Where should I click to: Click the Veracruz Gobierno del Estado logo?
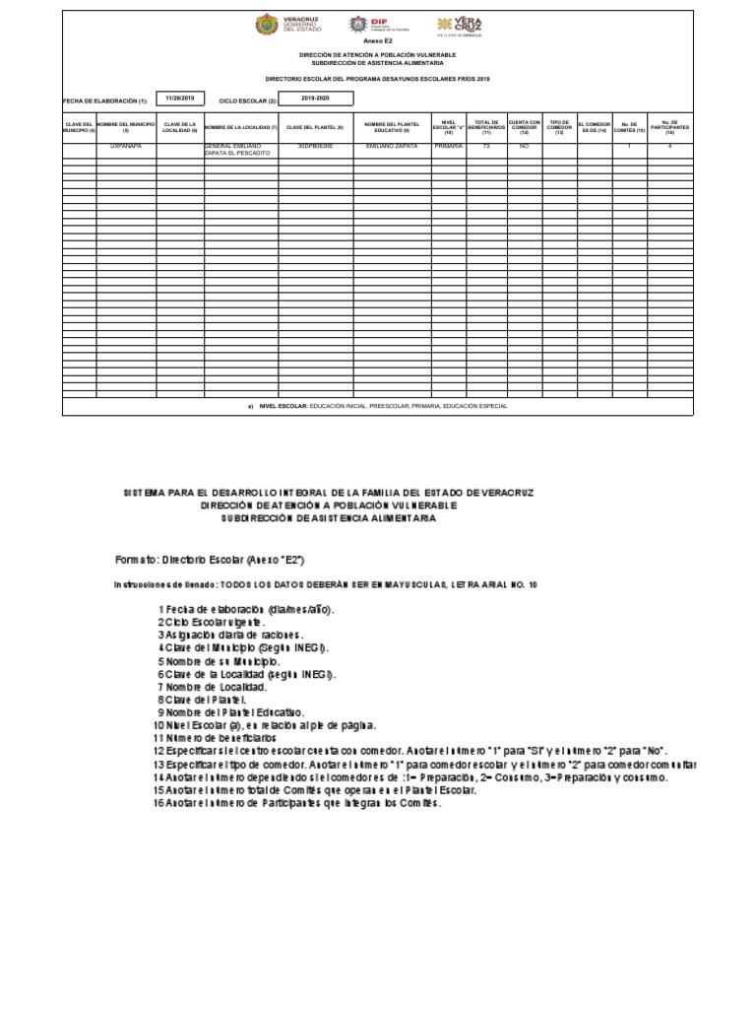pyautogui.click(x=281, y=25)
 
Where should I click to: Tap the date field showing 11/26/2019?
pyautogui.click(x=180, y=99)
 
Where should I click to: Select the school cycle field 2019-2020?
pyautogui.click(x=316, y=99)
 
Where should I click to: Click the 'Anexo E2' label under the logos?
pyautogui.click(x=378, y=42)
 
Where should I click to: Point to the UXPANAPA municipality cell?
pyautogui.click(x=126, y=146)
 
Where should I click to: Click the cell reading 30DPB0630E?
pyautogui.click(x=315, y=146)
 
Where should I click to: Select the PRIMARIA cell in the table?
pyautogui.click(x=449, y=146)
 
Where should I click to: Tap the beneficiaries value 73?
pyautogui.click(x=486, y=146)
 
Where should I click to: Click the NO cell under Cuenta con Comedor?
pyautogui.click(x=524, y=146)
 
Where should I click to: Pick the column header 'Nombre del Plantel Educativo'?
pyautogui.click(x=393, y=127)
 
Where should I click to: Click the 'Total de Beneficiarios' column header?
pyautogui.click(x=486, y=126)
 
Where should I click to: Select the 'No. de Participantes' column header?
pyautogui.click(x=669, y=126)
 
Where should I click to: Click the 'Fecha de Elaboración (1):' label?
pyautogui.click(x=104, y=101)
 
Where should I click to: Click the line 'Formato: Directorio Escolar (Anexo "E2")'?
pyautogui.click(x=210, y=559)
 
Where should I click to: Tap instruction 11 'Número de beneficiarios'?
pyautogui.click(x=215, y=737)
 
